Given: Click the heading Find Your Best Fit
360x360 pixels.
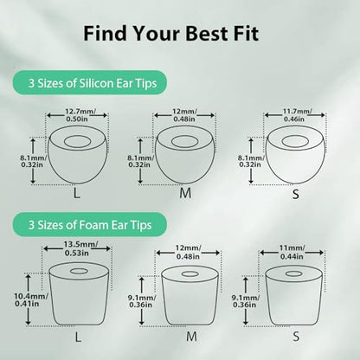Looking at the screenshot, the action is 171,34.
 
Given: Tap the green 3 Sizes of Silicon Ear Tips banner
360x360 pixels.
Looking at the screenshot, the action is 90,83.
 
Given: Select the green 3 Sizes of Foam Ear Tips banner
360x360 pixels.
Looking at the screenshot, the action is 90,225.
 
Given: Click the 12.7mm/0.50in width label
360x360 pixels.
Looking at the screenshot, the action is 77,115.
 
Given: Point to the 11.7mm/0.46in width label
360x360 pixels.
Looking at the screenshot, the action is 295,115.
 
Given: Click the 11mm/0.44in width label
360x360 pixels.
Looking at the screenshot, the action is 292,252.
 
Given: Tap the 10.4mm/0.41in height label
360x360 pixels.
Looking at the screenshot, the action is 31,299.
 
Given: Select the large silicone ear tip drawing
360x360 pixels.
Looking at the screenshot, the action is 77,154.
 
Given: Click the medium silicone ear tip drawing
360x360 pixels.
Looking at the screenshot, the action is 185,154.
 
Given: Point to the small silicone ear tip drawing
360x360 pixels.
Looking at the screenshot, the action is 295,154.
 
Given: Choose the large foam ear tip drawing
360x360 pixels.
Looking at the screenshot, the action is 79,293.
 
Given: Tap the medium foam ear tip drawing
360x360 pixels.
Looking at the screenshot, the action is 190,296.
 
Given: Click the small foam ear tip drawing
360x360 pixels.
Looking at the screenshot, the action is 294,296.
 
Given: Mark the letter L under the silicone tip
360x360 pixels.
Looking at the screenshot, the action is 76,194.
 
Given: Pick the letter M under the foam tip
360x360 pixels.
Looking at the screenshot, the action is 191,336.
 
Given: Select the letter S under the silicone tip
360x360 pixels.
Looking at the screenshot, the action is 296,194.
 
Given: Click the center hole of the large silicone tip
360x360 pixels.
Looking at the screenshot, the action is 77,141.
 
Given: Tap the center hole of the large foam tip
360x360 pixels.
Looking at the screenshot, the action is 79,271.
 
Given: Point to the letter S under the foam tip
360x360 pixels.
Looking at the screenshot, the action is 296,337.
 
